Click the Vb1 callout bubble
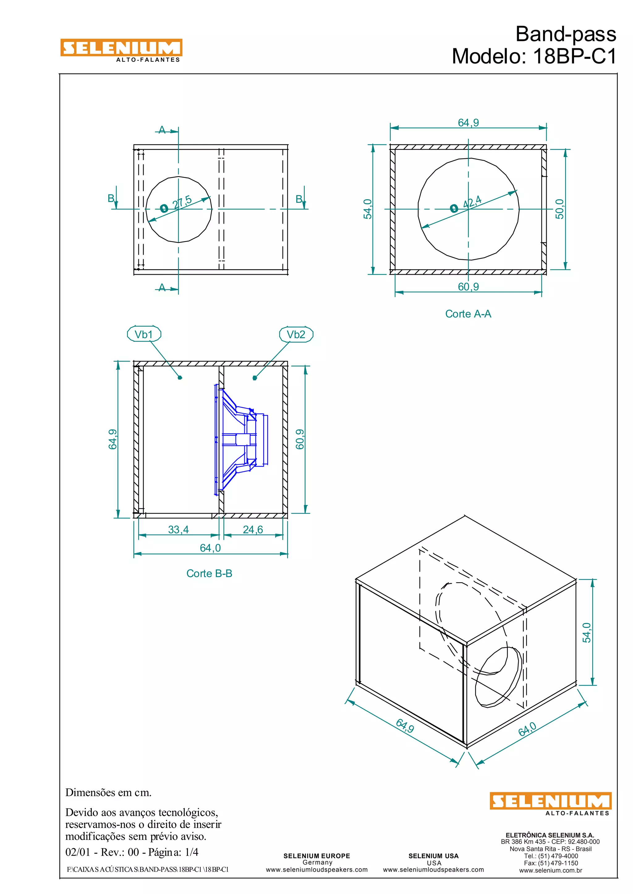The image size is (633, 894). click(x=144, y=334)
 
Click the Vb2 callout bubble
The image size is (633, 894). click(x=296, y=334)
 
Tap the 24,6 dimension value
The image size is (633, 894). click(x=253, y=530)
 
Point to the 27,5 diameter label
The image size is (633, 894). click(x=182, y=203)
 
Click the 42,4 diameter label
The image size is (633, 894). click(x=472, y=202)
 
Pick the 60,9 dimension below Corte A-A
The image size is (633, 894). click(x=468, y=287)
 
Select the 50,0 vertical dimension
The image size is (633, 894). click(x=560, y=209)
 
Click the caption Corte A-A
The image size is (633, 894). click(x=468, y=314)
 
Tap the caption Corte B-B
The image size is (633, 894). click(x=209, y=573)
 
